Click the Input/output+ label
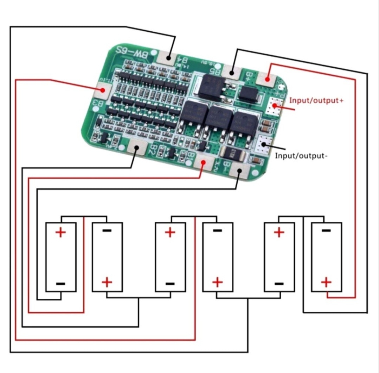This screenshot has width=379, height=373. pos(316,101)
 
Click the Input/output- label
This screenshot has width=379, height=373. pos(301,155)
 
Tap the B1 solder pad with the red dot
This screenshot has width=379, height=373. pos(204,163)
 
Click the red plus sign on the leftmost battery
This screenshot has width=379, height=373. pos(60,232)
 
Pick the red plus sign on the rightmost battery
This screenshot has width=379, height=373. pos(326,282)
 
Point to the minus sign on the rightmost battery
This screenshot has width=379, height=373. pos(326,231)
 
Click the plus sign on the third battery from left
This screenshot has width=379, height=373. pos(170,232)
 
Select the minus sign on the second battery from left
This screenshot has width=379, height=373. pos(107,231)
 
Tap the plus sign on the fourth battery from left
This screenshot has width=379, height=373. pos(218,282)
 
